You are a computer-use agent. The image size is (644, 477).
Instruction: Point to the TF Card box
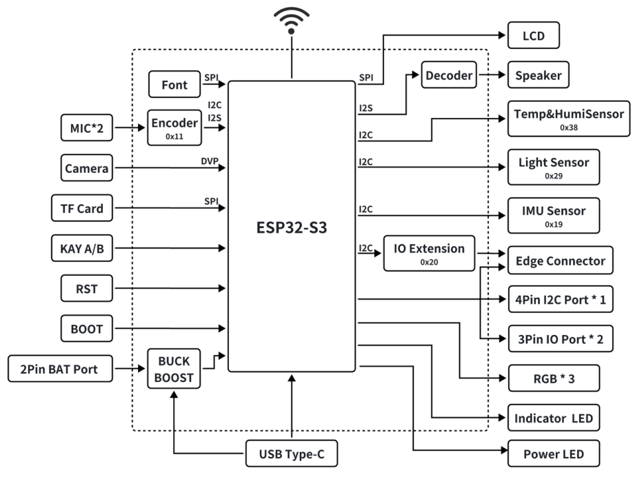(82, 208)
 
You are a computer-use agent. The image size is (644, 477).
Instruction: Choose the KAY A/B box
(82, 249)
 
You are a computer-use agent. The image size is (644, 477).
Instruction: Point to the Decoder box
(448, 76)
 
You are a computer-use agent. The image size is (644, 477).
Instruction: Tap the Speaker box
(539, 76)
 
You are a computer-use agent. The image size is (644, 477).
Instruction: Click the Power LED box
(554, 454)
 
